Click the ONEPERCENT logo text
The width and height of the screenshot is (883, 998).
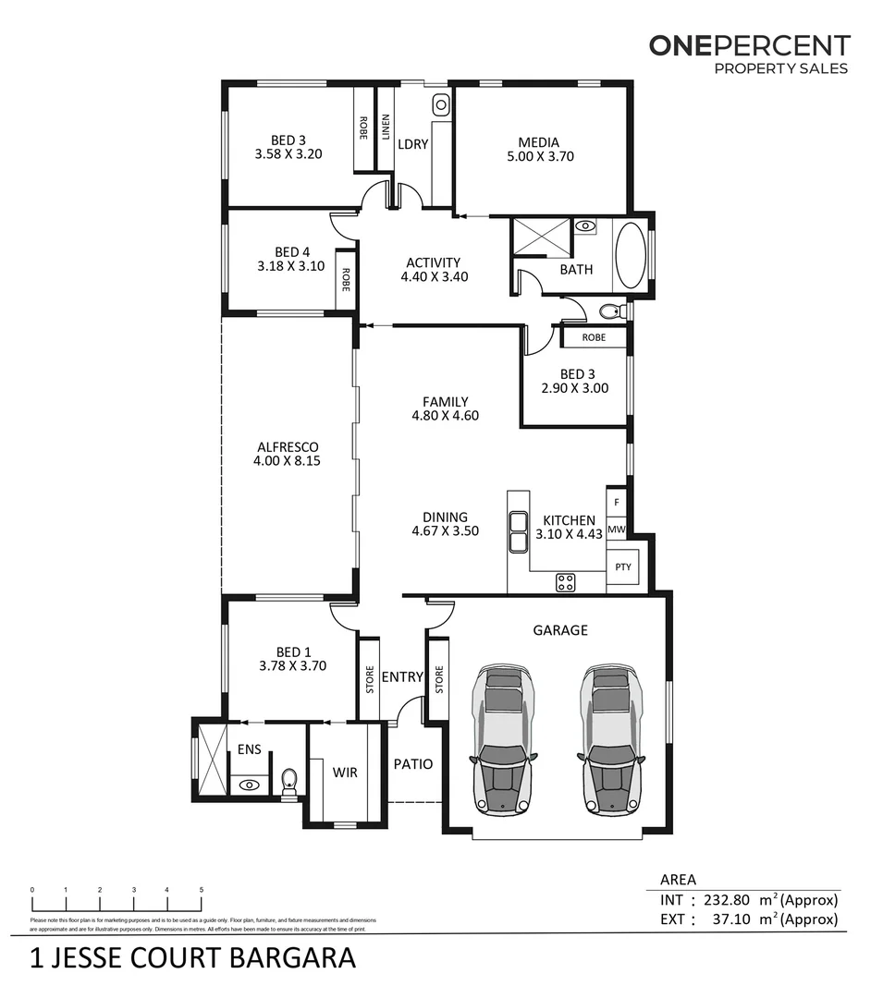[x=748, y=44]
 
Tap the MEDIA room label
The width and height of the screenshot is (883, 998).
[x=538, y=142]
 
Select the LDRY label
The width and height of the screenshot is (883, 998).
[x=412, y=144]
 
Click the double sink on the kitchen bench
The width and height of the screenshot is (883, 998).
[x=516, y=530]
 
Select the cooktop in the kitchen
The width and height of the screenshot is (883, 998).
[x=564, y=582]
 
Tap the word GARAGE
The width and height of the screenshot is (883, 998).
[x=559, y=630]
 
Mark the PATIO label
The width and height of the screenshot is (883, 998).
[x=412, y=764]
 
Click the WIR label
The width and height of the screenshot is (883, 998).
[x=344, y=772]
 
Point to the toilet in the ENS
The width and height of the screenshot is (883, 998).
[x=288, y=784]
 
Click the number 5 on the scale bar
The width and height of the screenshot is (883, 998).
[x=202, y=890]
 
